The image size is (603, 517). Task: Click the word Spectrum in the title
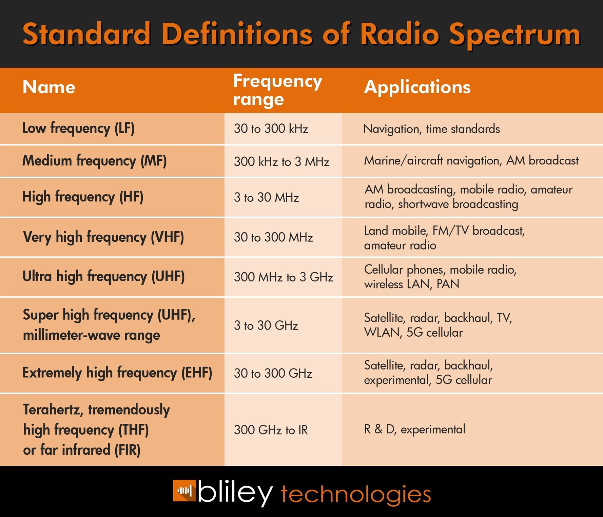coord(515,35)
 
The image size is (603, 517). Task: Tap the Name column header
coord(49,87)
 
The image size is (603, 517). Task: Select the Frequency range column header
coord(277,90)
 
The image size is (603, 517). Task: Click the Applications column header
coord(417,87)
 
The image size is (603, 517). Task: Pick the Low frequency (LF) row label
coord(78,128)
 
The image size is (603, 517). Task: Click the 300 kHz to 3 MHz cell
coord(281,161)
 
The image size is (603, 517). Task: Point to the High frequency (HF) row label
coord(83,197)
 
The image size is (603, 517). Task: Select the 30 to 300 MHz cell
coord(273,237)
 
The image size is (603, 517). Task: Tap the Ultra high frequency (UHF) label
coord(103,277)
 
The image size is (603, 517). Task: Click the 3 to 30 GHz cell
coord(266,325)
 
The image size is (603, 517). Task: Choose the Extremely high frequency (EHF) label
coord(117,373)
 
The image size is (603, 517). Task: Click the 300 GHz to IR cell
coord(271,430)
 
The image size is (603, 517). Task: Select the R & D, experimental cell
coord(414,430)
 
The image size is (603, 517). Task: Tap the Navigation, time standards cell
coord(431,129)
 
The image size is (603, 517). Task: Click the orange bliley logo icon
coord(184,491)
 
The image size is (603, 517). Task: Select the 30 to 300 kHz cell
coord(271,129)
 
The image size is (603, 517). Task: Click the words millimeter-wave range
coord(91,335)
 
